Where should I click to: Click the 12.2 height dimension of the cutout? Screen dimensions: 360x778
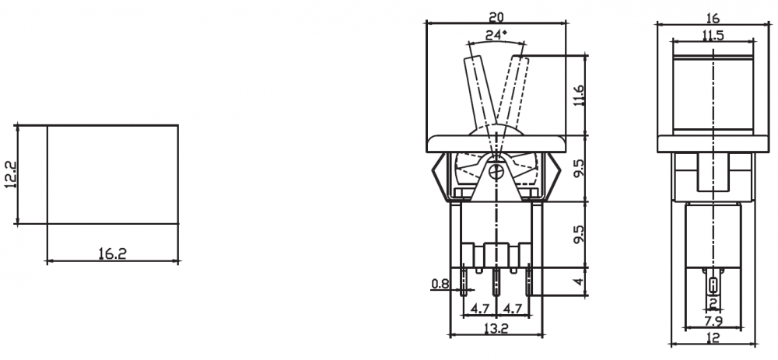point(9,175)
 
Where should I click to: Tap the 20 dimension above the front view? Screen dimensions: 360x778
point(496,15)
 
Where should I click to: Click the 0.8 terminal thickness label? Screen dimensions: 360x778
point(440,284)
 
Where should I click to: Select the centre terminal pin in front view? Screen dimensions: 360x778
point(496,280)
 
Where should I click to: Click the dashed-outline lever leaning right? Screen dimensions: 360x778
point(513,89)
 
